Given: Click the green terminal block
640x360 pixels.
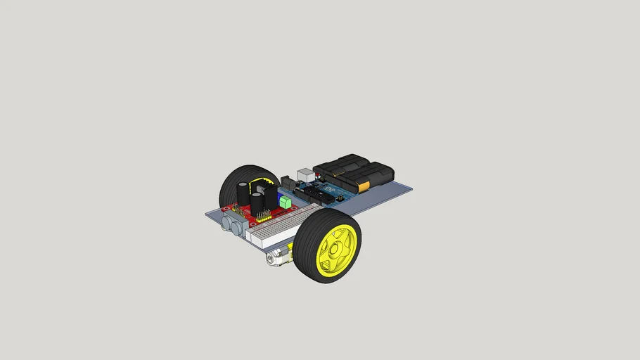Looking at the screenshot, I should point(286,202).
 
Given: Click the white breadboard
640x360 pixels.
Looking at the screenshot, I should point(281,225).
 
